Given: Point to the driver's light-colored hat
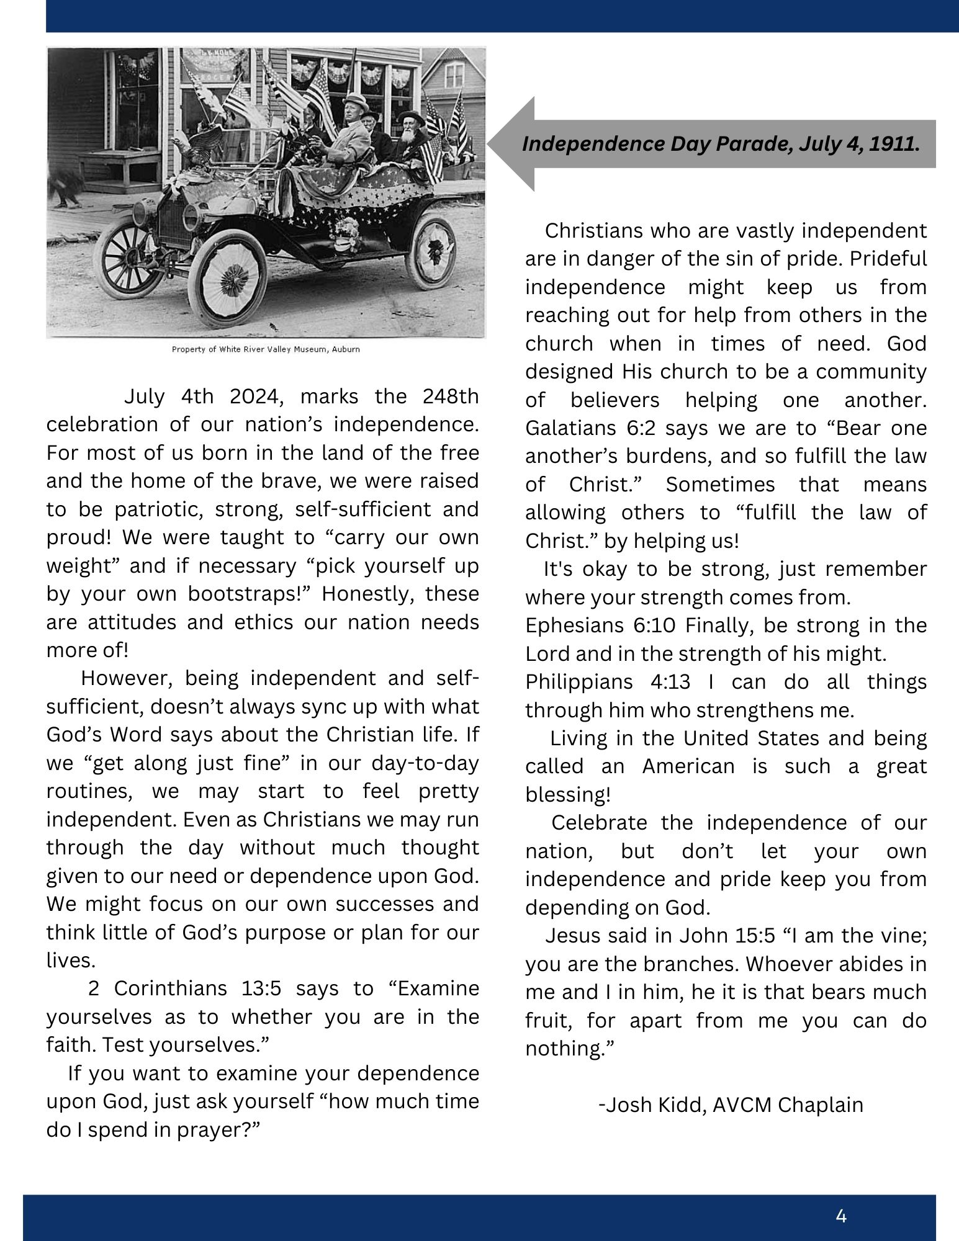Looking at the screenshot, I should (355, 99).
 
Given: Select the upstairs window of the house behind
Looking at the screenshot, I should (454, 75).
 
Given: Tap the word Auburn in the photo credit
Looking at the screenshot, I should (346, 349).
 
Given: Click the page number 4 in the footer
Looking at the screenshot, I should (841, 1216).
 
